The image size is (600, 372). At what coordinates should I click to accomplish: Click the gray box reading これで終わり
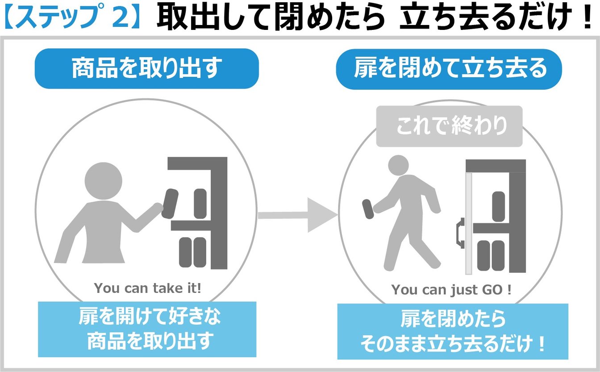(x=449, y=126)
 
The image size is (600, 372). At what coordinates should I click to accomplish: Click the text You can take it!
(x=148, y=288)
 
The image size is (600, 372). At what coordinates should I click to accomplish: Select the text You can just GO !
(x=451, y=290)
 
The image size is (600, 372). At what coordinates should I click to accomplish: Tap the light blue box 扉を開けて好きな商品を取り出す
(x=147, y=330)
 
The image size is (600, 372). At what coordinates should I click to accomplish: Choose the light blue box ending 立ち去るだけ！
(x=452, y=331)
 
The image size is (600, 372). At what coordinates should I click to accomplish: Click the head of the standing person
(x=103, y=180)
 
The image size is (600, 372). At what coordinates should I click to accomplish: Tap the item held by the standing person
(x=170, y=204)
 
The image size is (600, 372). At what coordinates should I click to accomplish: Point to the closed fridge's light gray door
(x=468, y=223)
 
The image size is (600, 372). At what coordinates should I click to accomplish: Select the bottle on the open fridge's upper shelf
(x=200, y=204)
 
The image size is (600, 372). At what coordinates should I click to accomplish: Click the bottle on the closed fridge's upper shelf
(x=498, y=206)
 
